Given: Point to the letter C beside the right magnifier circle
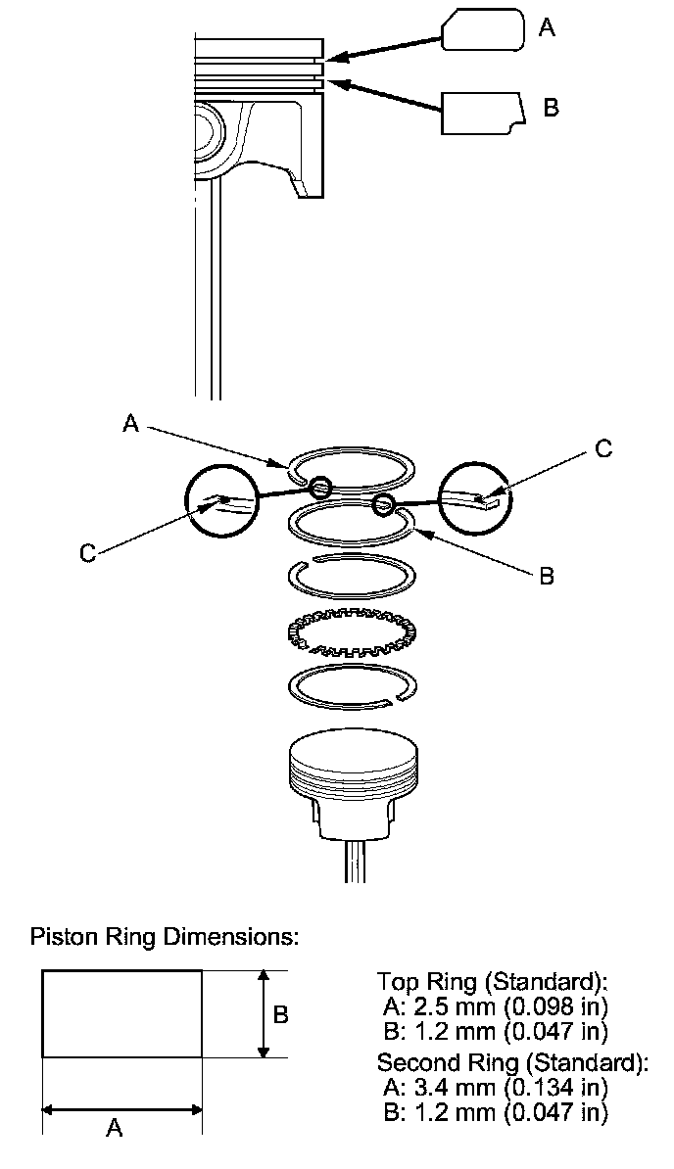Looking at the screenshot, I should coord(603,448).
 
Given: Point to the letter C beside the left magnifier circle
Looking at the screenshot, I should coord(88,553).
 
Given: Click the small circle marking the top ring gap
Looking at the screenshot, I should coord(318,488).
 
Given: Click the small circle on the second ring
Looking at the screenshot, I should coord(384,504).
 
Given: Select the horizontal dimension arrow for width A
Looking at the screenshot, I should coord(121,1110).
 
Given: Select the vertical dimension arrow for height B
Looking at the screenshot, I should coord(262,1014).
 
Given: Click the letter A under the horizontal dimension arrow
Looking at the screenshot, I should coord(114,1129).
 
